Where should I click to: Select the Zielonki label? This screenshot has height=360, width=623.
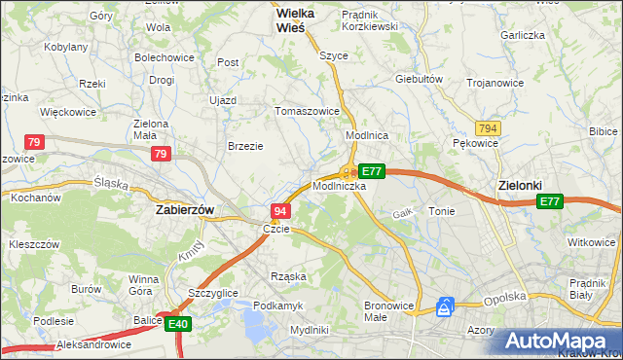[x=519, y=185]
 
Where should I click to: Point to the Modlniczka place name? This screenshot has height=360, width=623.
[x=340, y=185]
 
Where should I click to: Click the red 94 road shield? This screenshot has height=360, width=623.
[x=280, y=211]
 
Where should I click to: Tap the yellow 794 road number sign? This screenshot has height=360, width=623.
[x=489, y=128]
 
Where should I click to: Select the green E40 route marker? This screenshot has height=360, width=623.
[x=177, y=324]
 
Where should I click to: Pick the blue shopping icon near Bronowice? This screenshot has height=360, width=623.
[x=446, y=306]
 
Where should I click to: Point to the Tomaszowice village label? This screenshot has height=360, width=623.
[x=308, y=111]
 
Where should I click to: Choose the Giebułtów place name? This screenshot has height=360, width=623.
[x=420, y=79]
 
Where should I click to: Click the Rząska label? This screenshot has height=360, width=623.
[x=289, y=276]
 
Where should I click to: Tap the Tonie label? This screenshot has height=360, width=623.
[x=441, y=210]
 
